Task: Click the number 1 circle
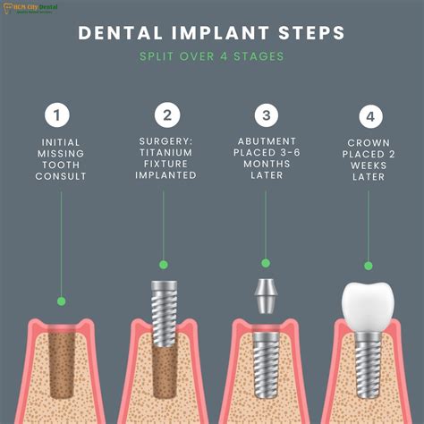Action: tap(60, 115)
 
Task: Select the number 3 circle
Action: tap(265, 115)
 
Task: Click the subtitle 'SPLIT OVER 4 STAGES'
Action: tap(212, 57)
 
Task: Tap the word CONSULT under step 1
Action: tap(60, 177)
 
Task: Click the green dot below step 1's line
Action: tap(61, 301)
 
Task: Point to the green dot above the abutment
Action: tap(265, 262)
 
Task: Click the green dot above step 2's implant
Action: tap(163, 265)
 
